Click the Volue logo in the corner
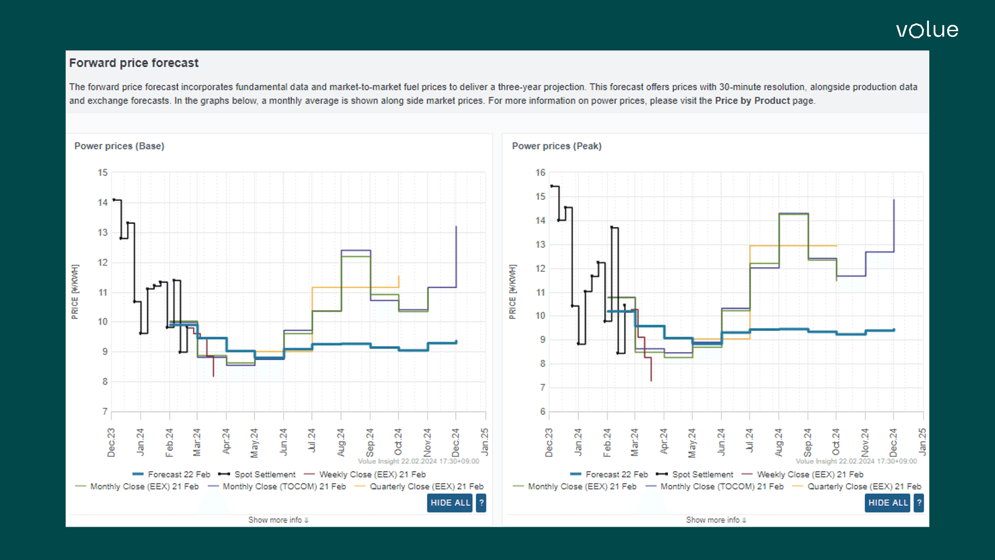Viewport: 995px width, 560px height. (x=927, y=30)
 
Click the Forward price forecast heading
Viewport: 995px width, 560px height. (x=134, y=63)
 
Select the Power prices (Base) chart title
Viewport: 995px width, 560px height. (x=119, y=146)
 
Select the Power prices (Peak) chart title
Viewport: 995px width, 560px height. (x=557, y=146)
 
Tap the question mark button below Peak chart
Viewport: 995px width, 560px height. (x=919, y=503)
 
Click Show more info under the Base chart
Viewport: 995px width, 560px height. (x=278, y=520)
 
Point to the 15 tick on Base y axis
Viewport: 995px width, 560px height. (x=102, y=173)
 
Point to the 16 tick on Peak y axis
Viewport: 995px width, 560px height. (x=540, y=173)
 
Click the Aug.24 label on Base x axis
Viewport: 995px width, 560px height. (x=341, y=443)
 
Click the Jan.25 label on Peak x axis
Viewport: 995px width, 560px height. (x=922, y=443)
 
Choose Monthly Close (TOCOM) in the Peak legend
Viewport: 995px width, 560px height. (x=721, y=487)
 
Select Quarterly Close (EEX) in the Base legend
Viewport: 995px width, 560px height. (x=427, y=487)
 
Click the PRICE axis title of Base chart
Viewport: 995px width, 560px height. (x=75, y=292)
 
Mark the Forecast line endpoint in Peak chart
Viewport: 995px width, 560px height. (x=894, y=330)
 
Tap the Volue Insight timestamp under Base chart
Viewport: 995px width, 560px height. (x=418, y=461)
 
